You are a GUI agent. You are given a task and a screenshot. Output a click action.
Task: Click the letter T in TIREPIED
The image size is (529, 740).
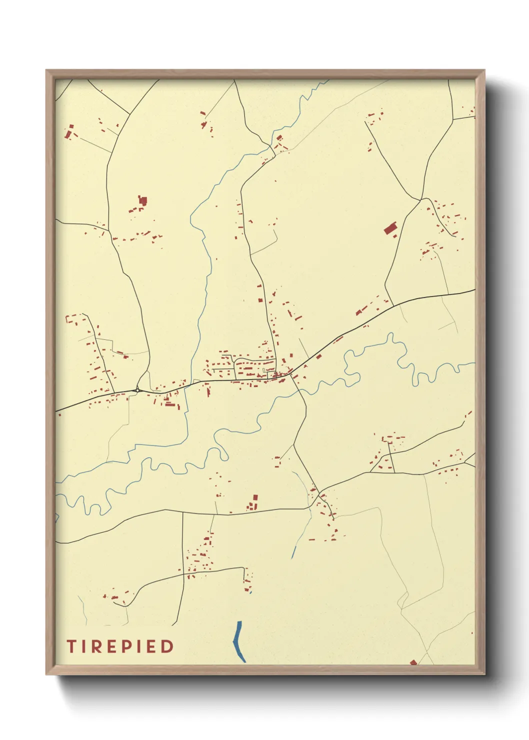tap(71, 646)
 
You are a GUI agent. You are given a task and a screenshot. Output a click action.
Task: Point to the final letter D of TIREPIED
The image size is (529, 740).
tap(167, 646)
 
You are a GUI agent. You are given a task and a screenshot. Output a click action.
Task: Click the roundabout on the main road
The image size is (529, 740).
tap(137, 390)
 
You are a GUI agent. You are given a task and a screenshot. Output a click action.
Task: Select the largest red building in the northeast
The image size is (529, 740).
tap(390, 229)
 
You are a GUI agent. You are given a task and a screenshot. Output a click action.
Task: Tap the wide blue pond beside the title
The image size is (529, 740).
tap(239, 641)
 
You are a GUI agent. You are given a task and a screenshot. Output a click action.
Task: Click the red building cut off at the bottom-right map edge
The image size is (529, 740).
tap(413, 662)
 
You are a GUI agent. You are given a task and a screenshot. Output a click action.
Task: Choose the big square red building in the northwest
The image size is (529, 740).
tap(143, 200)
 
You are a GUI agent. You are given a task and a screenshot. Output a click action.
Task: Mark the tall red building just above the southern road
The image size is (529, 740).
tap(255, 499)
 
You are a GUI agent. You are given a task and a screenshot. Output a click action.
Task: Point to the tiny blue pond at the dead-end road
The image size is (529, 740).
tap(250, 592)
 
